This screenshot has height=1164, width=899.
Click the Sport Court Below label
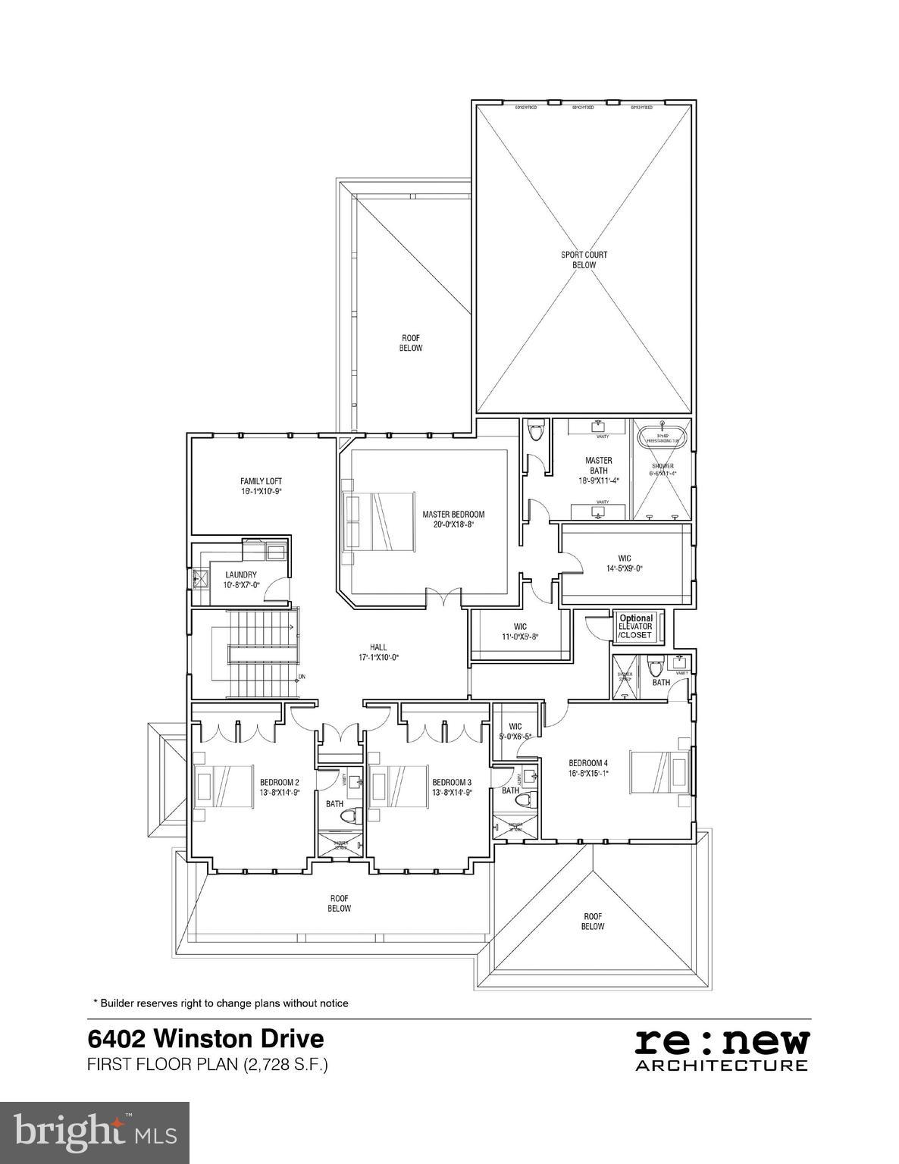coord(584,260)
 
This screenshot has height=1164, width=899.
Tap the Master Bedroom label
coord(453,519)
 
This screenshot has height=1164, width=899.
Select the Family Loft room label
coord(261,486)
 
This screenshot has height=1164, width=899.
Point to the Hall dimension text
coord(378,658)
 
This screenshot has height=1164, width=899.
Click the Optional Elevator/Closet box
coord(635,627)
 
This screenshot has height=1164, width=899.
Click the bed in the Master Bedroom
coord(379,522)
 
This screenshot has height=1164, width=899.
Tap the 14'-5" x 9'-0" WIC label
coord(624,563)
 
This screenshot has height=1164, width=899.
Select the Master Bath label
coord(599,470)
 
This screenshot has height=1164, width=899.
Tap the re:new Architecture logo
coord(721,1050)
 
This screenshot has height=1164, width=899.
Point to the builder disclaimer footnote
coord(221,1003)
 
